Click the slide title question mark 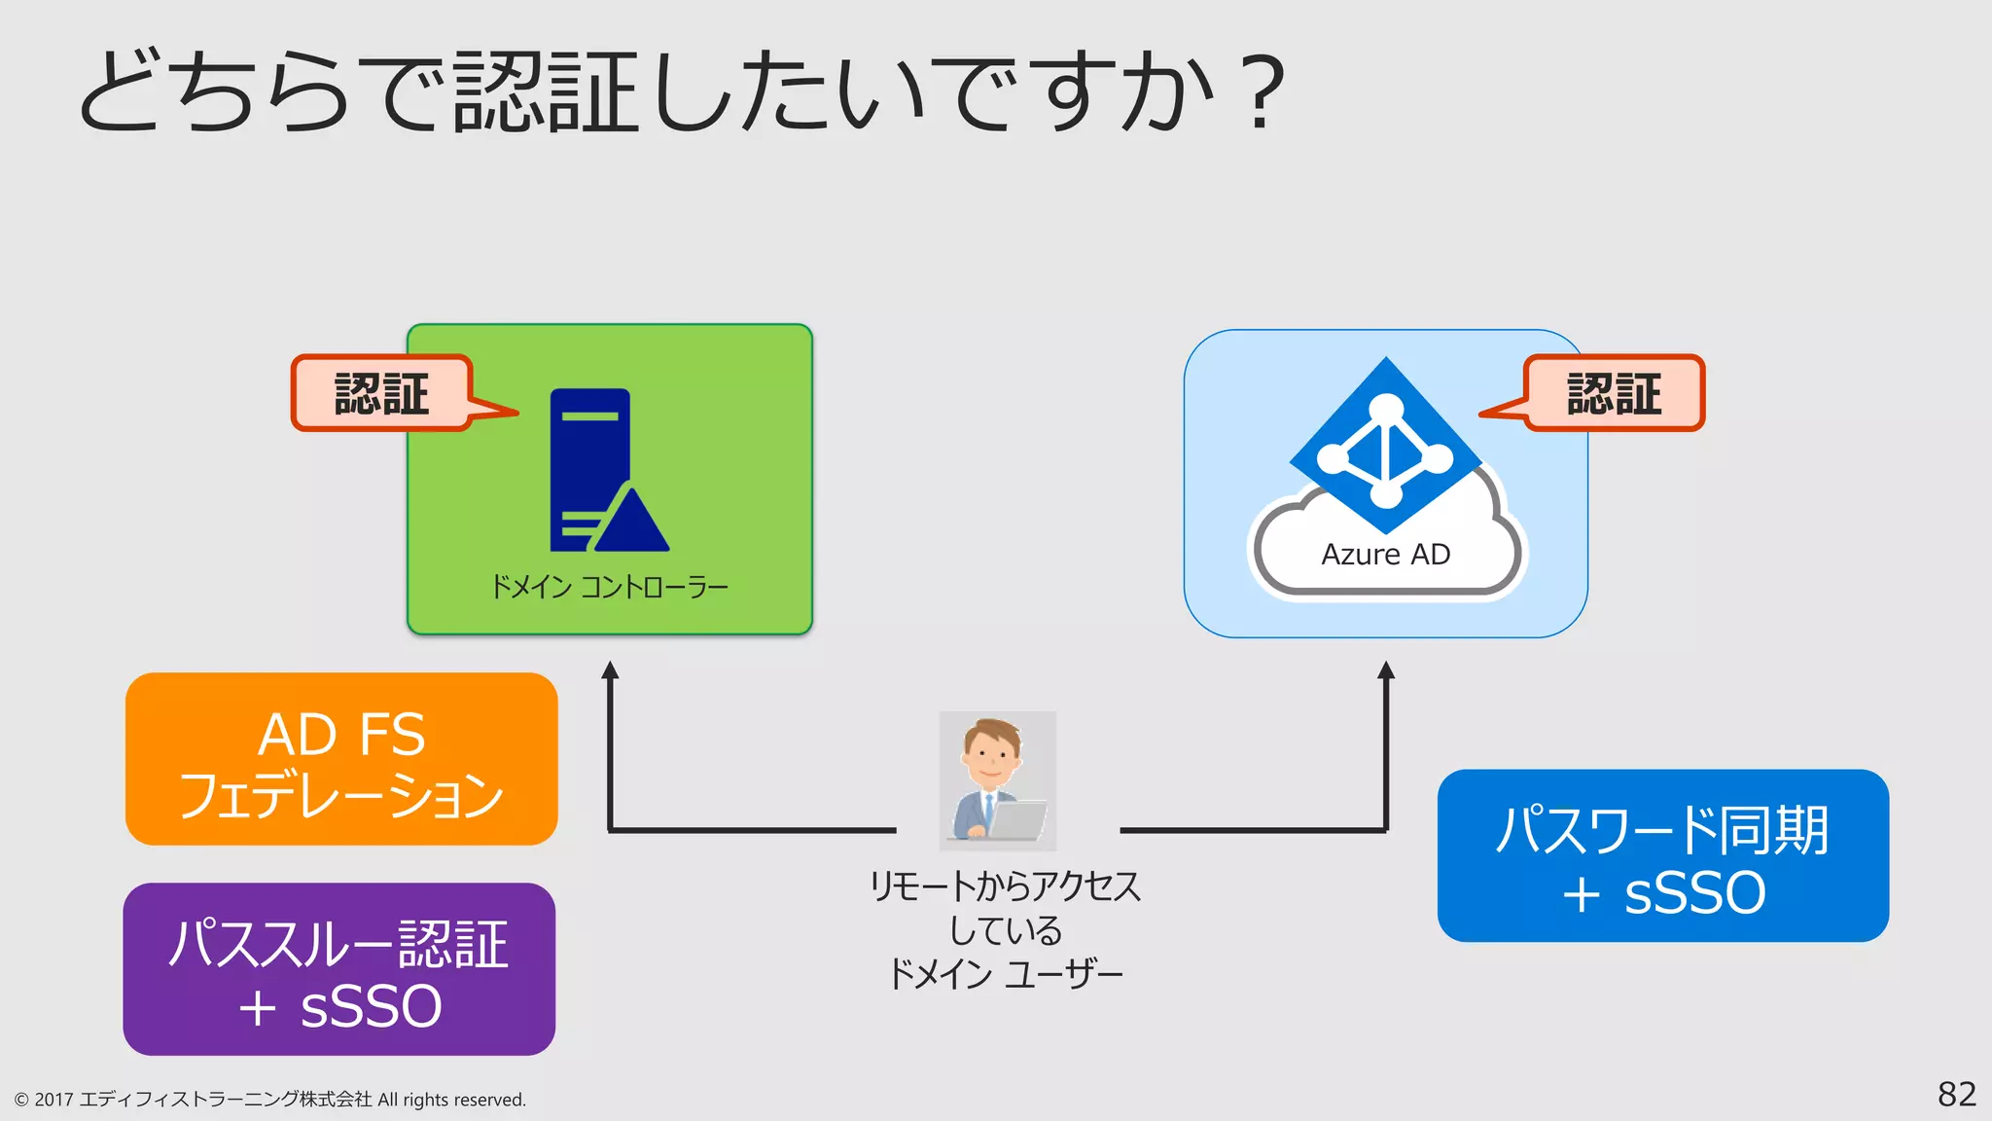(x=1262, y=92)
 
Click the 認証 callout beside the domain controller (x=382, y=393)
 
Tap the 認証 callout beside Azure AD (x=1614, y=393)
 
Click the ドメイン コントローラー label (x=609, y=587)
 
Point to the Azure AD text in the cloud (x=1385, y=555)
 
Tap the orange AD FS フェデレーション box (x=341, y=759)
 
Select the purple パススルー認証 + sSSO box (x=339, y=969)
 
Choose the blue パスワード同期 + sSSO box (x=1662, y=856)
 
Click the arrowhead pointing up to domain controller (x=610, y=670)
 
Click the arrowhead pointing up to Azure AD (x=1386, y=670)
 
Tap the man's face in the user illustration (x=990, y=755)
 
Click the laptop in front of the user (x=1017, y=819)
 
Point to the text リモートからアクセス (x=1004, y=886)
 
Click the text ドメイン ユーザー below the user (x=1004, y=973)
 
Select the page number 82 (x=1956, y=1094)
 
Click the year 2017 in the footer (x=53, y=1100)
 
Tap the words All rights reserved (x=451, y=1100)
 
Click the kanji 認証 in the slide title (x=545, y=92)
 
